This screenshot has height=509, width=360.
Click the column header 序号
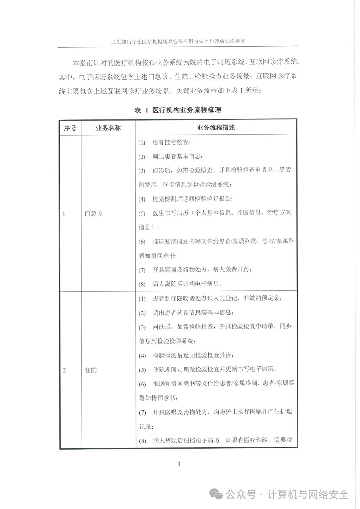click(x=69, y=128)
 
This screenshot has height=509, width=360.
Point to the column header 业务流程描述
click(x=216, y=128)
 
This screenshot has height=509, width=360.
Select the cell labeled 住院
click(x=91, y=370)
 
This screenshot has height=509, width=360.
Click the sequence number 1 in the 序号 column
click(x=64, y=213)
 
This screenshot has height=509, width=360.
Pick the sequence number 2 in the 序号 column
click(x=64, y=370)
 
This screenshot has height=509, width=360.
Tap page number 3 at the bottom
click(x=179, y=464)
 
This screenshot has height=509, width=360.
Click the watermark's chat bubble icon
click(x=216, y=494)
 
